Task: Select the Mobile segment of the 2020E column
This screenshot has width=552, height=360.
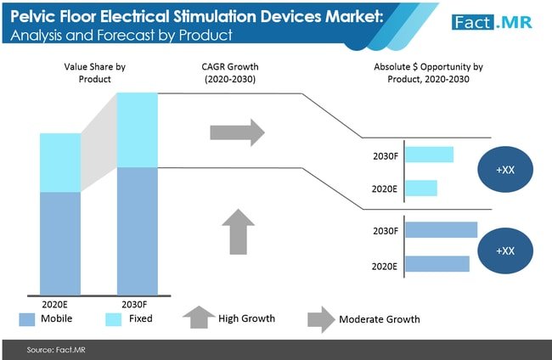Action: (x=60, y=243)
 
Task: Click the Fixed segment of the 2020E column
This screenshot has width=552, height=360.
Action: (x=60, y=162)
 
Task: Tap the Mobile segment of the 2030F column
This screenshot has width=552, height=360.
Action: (x=138, y=230)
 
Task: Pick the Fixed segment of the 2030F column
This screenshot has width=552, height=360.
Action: (x=138, y=129)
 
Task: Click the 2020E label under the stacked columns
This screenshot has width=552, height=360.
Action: (x=60, y=304)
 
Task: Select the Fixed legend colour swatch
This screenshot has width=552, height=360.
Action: (x=115, y=319)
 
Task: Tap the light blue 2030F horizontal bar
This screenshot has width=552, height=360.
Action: (x=429, y=155)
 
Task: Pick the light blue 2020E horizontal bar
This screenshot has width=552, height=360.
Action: (x=420, y=188)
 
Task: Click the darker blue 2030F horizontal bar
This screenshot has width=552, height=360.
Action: (x=441, y=230)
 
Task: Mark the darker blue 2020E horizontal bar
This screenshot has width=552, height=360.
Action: (x=437, y=264)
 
